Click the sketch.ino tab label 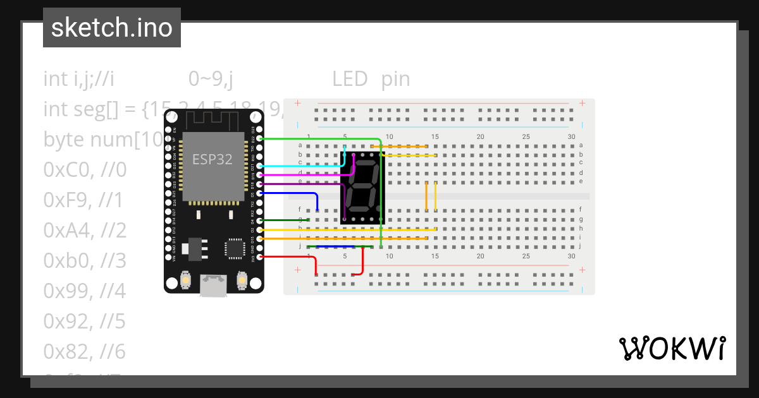[x=111, y=28]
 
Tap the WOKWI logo [x=671, y=348]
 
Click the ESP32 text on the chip [x=212, y=159]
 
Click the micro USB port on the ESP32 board [x=214, y=286]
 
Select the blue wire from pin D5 [x=291, y=193]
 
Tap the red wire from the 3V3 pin [x=291, y=256]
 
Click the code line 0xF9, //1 [x=83, y=200]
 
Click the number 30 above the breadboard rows [x=571, y=136]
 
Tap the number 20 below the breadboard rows [x=480, y=256]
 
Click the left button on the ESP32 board [x=186, y=279]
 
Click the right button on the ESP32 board [x=241, y=279]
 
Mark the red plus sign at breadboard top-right [x=582, y=103]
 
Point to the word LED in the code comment [x=350, y=79]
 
